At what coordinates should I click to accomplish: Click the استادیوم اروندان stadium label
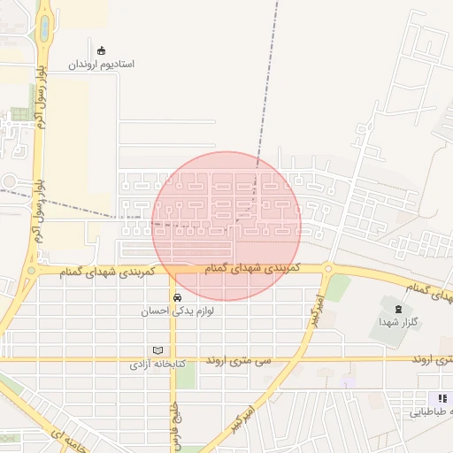pyautogui.click(x=101, y=65)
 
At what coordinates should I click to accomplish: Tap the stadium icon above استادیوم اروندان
pyautogui.click(x=101, y=50)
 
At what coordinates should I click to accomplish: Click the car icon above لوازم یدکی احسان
pyautogui.click(x=178, y=297)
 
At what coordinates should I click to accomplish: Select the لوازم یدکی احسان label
pyautogui.click(x=178, y=311)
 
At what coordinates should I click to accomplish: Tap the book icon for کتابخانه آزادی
pyautogui.click(x=158, y=349)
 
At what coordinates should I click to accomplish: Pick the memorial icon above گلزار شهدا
pyautogui.click(x=396, y=309)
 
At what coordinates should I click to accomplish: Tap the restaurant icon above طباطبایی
pyautogui.click(x=443, y=399)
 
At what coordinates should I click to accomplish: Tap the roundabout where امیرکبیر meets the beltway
pyautogui.click(x=328, y=268)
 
